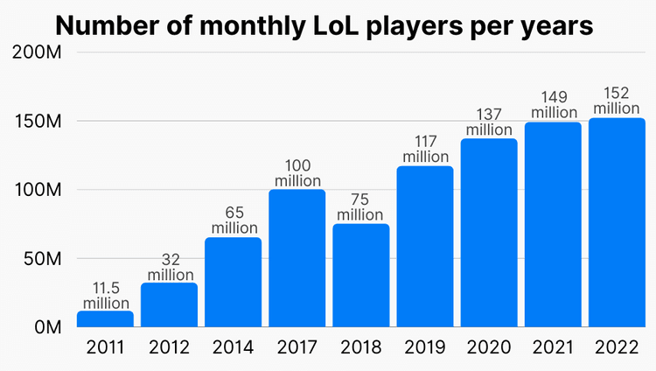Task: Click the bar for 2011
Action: (x=105, y=319)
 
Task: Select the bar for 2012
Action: (x=169, y=304)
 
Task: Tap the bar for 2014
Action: (x=233, y=282)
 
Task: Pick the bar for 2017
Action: (x=297, y=258)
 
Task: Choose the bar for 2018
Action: (x=360, y=275)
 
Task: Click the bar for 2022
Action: (x=616, y=222)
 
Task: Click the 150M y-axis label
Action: (x=36, y=122)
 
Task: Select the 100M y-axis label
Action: (x=36, y=190)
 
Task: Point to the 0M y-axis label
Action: (x=45, y=327)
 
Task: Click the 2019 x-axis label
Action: (x=424, y=348)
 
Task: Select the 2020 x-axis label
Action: (x=488, y=348)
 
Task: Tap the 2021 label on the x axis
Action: (x=552, y=348)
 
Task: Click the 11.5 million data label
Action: (x=105, y=294)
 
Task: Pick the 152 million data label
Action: (x=616, y=101)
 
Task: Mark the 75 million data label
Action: (x=360, y=206)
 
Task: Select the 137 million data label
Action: (x=488, y=122)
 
